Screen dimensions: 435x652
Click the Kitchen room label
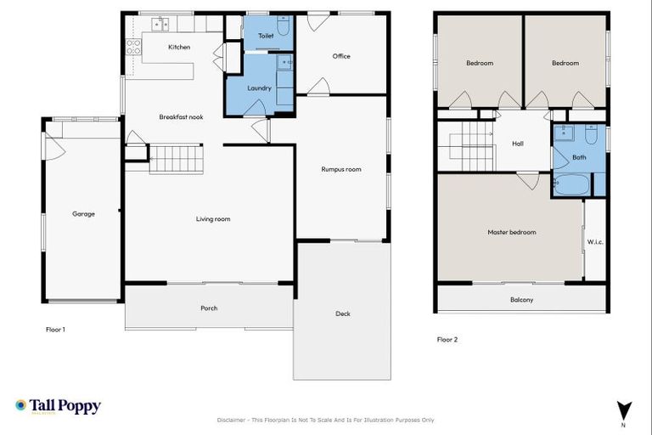[179, 47]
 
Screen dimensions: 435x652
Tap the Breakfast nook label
[181, 116]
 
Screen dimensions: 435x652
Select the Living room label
[213, 219]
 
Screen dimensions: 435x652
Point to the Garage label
[83, 214]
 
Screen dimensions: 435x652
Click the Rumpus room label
[341, 169]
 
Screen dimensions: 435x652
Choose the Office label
[341, 56]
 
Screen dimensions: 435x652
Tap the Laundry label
[259, 88]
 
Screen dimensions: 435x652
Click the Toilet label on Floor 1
[265, 36]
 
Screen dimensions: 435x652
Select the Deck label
[343, 314]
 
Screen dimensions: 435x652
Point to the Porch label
[209, 308]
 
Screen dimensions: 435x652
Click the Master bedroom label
[511, 232]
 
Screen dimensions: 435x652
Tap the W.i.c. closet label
[595, 242]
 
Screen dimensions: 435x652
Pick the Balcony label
[521, 299]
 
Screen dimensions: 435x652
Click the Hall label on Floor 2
[518, 144]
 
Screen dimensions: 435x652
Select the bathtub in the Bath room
[570, 184]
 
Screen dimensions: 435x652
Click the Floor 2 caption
[447, 339]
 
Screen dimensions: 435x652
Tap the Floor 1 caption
[55, 329]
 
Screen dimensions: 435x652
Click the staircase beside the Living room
[177, 159]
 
